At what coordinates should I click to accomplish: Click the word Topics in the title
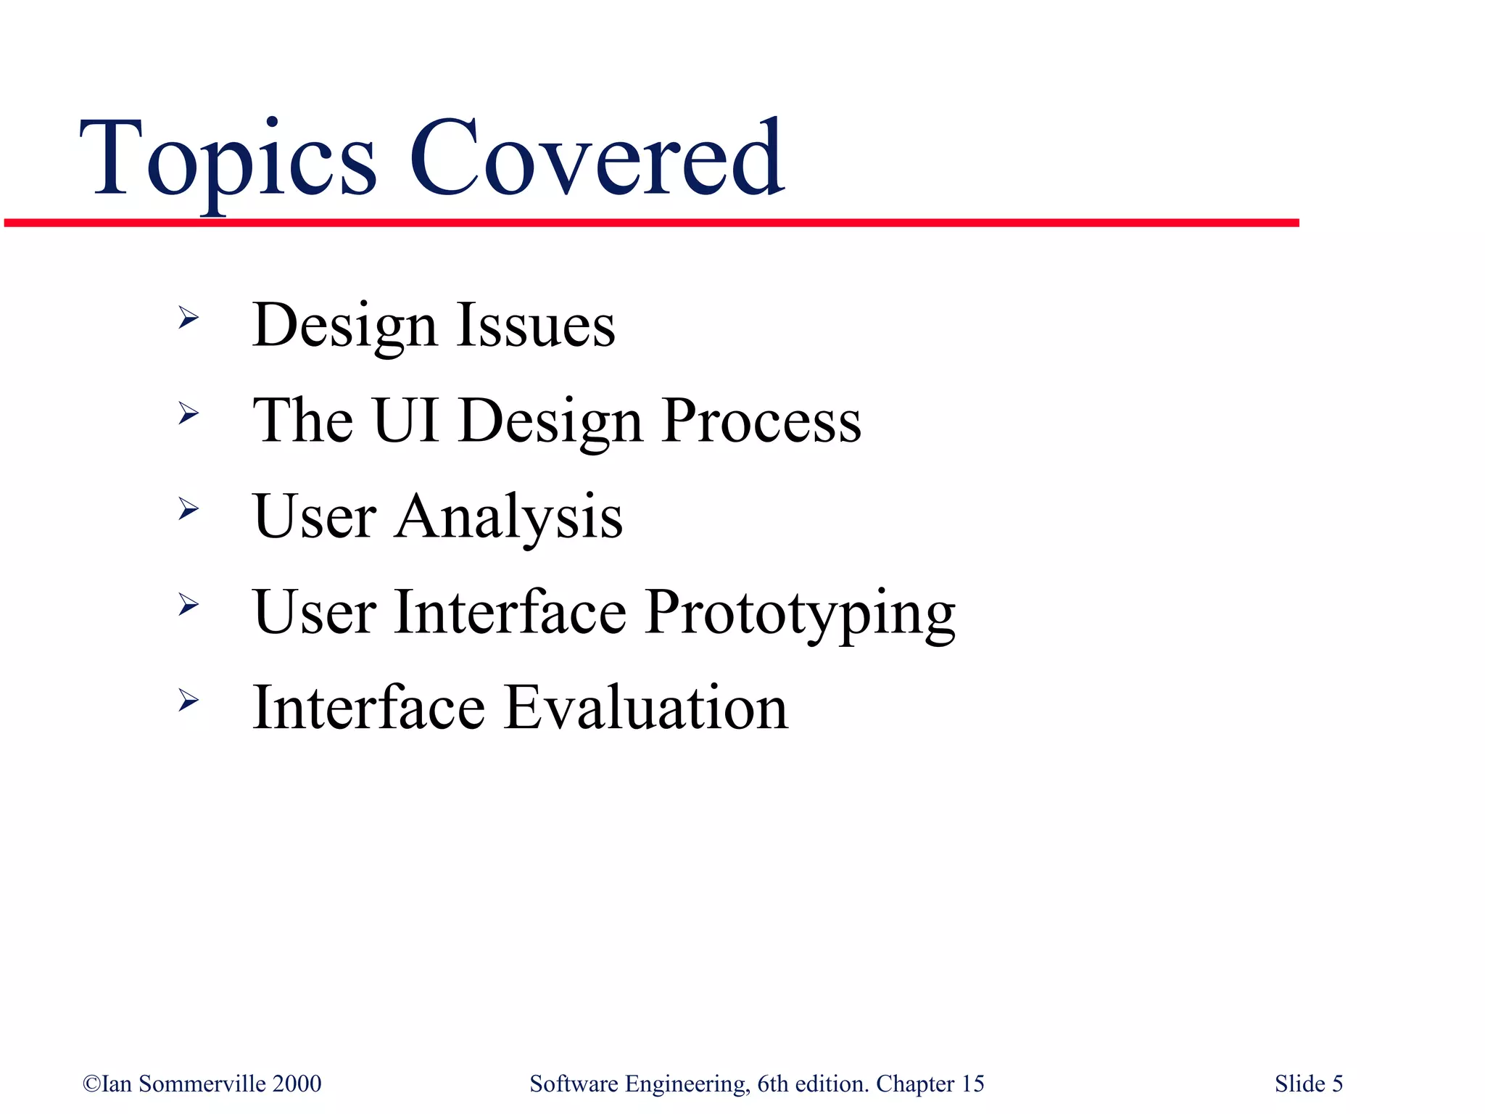[228, 160]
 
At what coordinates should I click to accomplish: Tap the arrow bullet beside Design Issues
[189, 318]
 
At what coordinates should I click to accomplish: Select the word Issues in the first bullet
[536, 325]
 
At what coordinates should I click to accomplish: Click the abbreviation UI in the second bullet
[406, 420]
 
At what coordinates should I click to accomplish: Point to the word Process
[761, 421]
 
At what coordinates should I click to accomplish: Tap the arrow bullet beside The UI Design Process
[189, 413]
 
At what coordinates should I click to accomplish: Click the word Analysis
[508, 516]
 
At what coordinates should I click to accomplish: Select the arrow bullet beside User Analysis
[189, 509]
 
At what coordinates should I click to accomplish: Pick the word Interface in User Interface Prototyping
[510, 612]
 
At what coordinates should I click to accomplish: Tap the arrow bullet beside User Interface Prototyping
[189, 605]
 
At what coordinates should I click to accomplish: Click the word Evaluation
[645, 708]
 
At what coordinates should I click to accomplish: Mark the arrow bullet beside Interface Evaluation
[189, 701]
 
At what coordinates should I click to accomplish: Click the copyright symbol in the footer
[91, 1084]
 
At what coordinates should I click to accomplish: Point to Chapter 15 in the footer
[930, 1084]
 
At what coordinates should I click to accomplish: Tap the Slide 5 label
[1308, 1084]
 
